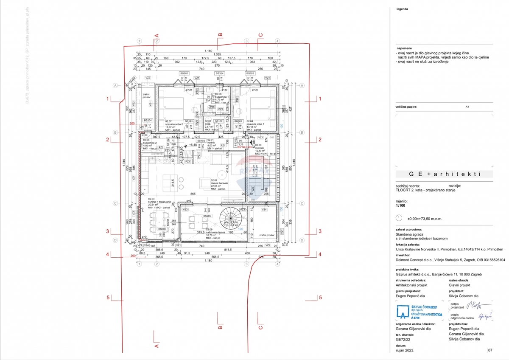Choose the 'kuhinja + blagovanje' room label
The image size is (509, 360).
coord(159,202)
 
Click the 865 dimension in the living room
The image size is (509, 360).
coord(193,194)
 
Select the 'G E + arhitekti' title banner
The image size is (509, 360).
coord(444,174)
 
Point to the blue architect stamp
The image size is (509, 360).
coord(419,312)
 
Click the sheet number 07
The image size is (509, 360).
coord(490,351)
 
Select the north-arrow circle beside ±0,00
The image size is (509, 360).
coord(399,217)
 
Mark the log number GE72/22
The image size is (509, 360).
coord(403,340)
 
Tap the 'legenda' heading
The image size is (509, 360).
coord(403,8)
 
